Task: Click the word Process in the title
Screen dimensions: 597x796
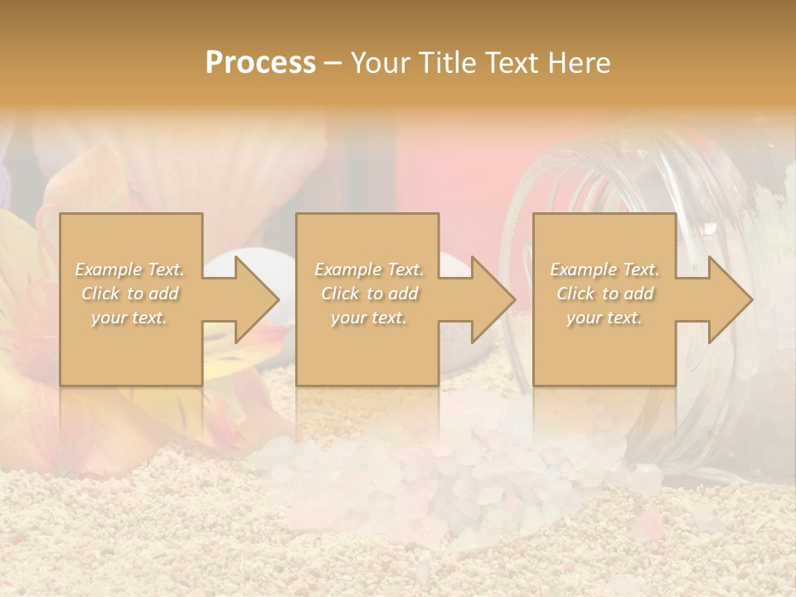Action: point(260,63)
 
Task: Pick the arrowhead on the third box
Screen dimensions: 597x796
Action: point(729,299)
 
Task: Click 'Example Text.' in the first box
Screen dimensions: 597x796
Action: point(130,269)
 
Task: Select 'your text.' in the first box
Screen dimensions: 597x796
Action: point(130,318)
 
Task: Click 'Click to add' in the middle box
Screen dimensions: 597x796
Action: point(369,294)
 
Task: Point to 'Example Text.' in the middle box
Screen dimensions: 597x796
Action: point(369,269)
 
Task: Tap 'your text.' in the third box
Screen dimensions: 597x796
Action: point(604,318)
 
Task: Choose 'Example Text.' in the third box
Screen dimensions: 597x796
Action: point(604,269)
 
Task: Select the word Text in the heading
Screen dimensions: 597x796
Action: point(512,63)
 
